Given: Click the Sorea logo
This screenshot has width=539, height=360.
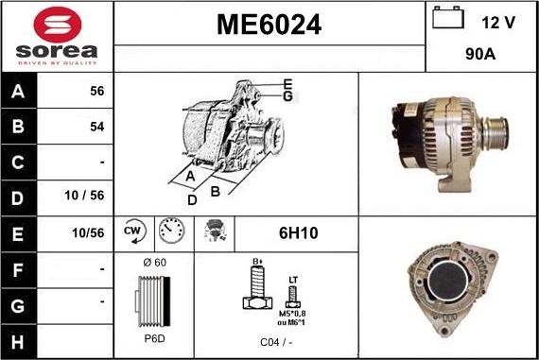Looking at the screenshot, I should point(57,36).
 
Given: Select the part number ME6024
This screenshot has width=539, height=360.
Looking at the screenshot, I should point(269,26).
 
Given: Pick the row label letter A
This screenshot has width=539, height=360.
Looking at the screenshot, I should point(19,92).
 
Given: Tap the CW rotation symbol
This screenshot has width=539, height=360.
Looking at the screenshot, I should point(132,230).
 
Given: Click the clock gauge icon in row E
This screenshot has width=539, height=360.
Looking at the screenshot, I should point(170,230).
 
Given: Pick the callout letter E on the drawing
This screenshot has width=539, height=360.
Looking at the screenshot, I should point(287,84).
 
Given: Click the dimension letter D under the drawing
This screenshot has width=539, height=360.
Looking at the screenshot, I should point(192,199).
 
